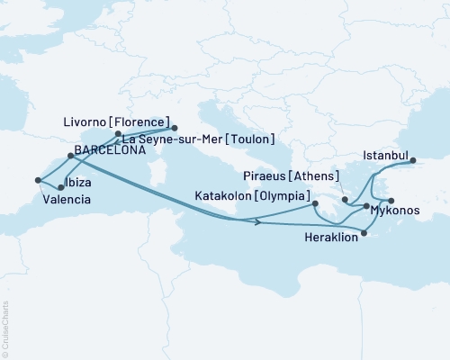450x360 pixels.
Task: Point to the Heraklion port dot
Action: (364, 235)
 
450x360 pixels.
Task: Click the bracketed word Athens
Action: (320, 175)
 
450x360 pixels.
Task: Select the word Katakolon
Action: (224, 195)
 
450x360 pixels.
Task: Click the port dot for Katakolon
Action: (315, 204)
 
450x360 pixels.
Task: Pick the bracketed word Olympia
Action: (283, 195)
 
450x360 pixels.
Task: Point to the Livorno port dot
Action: (174, 128)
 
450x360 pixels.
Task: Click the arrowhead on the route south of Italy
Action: (258, 221)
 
